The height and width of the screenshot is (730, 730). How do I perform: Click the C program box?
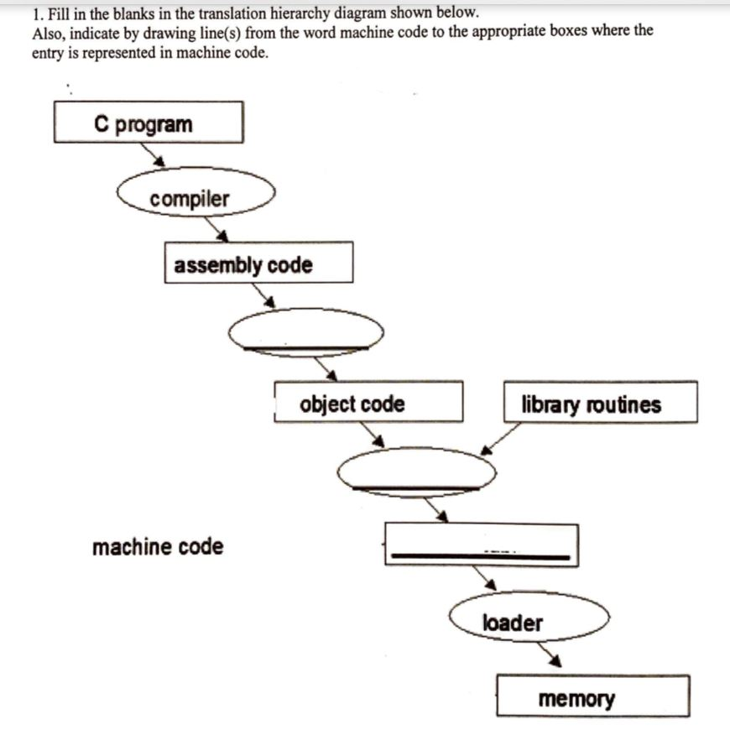(x=149, y=123)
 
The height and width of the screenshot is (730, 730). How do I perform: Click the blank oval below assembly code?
(x=306, y=331)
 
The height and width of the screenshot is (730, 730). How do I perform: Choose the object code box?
(x=368, y=402)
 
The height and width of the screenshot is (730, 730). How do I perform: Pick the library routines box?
(x=600, y=403)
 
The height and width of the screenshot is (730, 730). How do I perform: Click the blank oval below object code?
(x=417, y=472)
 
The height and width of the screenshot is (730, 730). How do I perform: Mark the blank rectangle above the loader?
(x=481, y=545)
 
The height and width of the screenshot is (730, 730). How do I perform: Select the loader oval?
(x=529, y=618)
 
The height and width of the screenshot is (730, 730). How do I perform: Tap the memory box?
(x=592, y=696)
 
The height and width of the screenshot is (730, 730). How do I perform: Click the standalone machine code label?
(x=158, y=547)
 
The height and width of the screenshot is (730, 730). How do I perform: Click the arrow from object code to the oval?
(x=370, y=434)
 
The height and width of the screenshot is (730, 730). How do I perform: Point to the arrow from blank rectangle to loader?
(x=484, y=577)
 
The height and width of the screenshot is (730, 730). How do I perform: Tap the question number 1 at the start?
(x=36, y=13)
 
